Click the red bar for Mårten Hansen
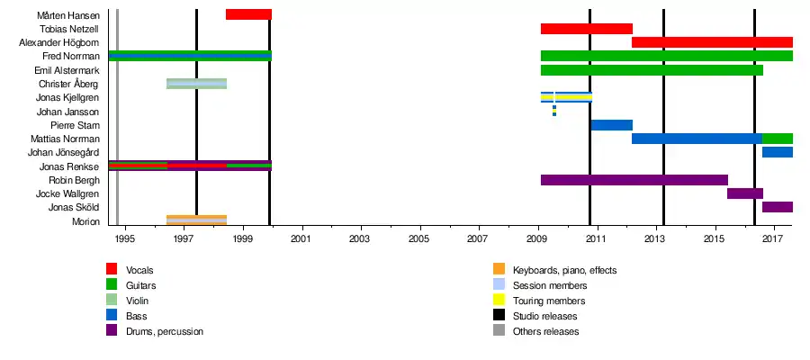248,14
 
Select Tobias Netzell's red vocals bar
586,29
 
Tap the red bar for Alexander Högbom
712,42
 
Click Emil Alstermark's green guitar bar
652,70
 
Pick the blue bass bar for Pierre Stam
611,125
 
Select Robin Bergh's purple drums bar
634,180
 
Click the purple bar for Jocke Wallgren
745,193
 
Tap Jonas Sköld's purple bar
778,207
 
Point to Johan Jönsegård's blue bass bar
778,152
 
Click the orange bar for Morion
196,220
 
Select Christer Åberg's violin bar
196,84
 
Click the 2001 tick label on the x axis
301,238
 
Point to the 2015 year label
715,238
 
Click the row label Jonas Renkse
69,166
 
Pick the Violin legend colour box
112,301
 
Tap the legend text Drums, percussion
165,331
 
